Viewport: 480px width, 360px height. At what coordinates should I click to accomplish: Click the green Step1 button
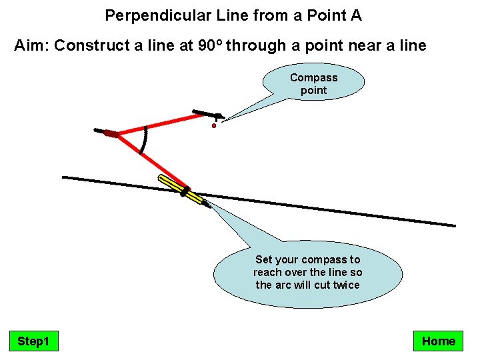33,341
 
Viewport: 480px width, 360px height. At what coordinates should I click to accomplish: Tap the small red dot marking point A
214,125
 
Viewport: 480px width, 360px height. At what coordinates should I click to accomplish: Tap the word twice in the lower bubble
343,285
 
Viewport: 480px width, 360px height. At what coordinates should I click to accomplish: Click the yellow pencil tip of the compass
201,201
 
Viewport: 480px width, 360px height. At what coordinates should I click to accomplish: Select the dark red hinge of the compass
111,134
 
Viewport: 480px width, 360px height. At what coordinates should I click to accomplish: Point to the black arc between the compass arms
146,139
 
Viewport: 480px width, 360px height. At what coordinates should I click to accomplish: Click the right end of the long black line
454,225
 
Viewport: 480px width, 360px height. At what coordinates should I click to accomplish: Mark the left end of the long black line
64,177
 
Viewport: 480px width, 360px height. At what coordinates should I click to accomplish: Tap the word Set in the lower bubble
265,259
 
